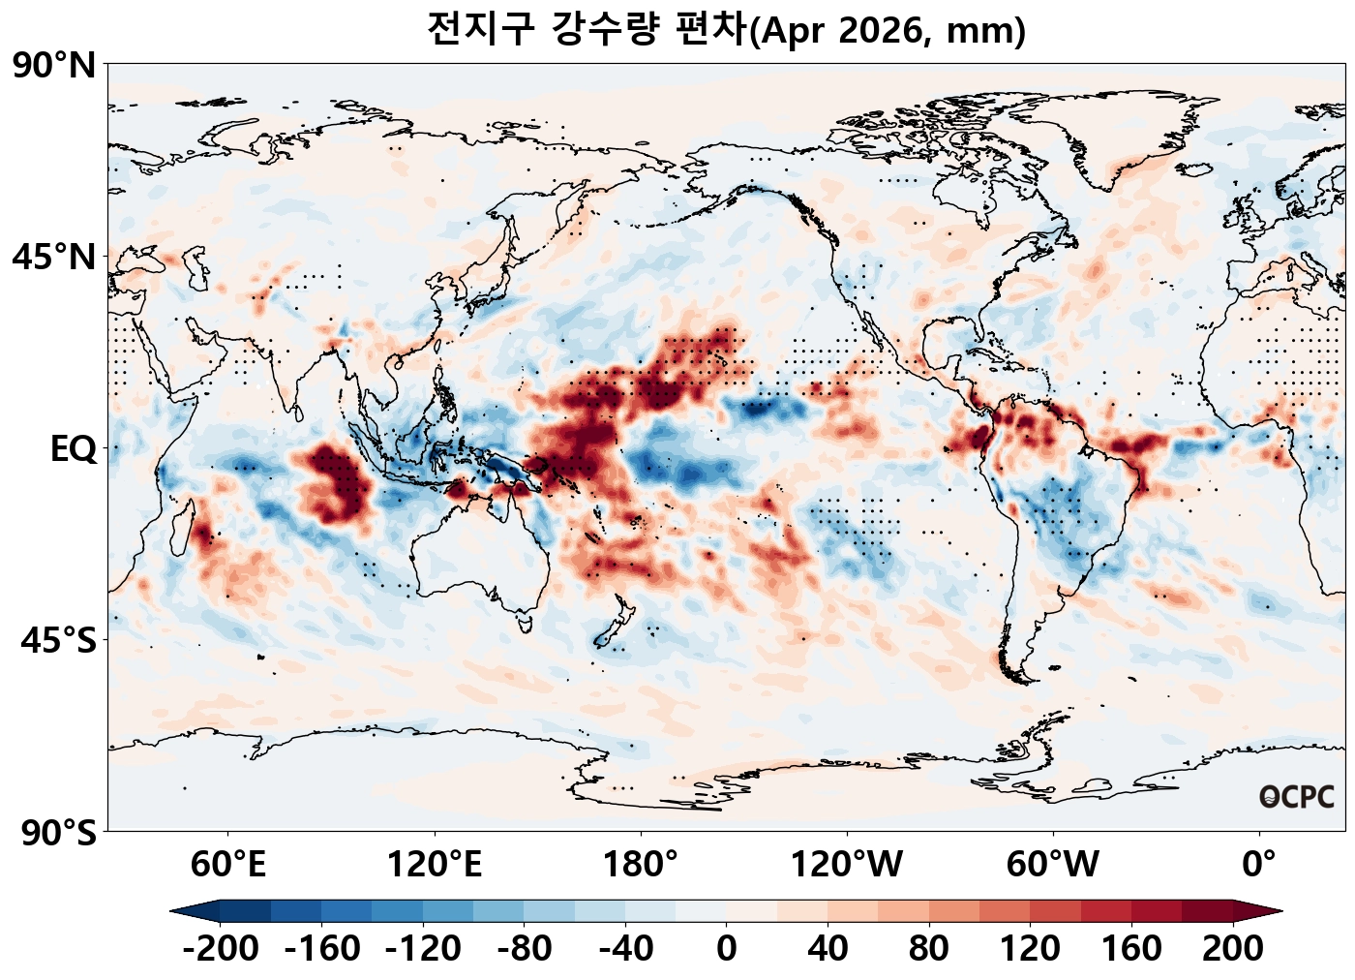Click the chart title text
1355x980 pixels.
tap(726, 29)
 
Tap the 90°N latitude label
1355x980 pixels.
tap(54, 66)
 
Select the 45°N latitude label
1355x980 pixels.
tap(54, 258)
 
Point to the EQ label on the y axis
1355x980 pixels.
tap(74, 449)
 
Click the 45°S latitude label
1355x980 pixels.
tap(58, 640)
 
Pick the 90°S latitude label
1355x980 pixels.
tap(58, 832)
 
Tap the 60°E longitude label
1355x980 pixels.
tap(228, 864)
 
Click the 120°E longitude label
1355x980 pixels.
tap(435, 864)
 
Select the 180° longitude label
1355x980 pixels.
tap(641, 864)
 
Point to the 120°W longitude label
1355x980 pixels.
tap(847, 864)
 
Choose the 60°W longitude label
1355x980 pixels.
tap(1053, 864)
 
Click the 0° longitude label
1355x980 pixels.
tap(1259, 864)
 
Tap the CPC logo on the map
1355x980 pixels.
tap(1297, 797)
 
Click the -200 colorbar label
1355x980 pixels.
tap(221, 949)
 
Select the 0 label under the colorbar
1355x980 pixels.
tap(727, 949)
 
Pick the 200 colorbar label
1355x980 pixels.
tap(1233, 949)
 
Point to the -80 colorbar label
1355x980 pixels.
tap(525, 949)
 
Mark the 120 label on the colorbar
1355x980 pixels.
tap(1030, 949)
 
